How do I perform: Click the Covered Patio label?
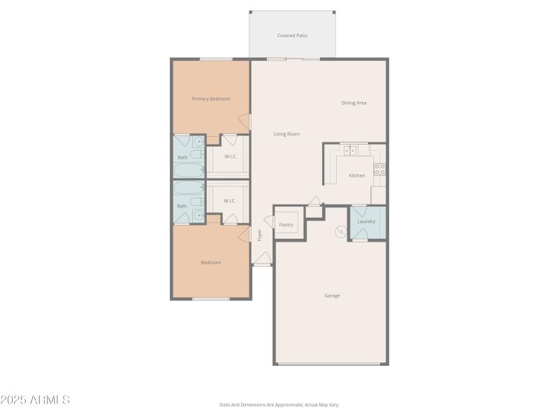point(292,35)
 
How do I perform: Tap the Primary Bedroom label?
point(211,98)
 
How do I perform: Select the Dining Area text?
point(354,103)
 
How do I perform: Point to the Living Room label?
point(286,133)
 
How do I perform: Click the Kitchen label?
point(357,175)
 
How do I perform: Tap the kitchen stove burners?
point(379,169)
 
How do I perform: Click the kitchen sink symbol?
point(350,150)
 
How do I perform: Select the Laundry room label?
point(366,221)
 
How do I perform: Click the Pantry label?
point(286,224)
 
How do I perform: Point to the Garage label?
point(332,295)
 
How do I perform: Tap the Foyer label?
point(259,235)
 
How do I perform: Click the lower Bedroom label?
point(211,262)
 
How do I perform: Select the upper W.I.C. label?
point(231,156)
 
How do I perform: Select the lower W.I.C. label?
point(230,200)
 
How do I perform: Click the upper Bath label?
point(182,157)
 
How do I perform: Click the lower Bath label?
point(182,205)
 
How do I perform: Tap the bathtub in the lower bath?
point(189,189)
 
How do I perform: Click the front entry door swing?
point(261,260)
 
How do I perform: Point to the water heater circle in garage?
point(342,231)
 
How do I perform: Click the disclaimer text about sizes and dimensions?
point(279,404)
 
